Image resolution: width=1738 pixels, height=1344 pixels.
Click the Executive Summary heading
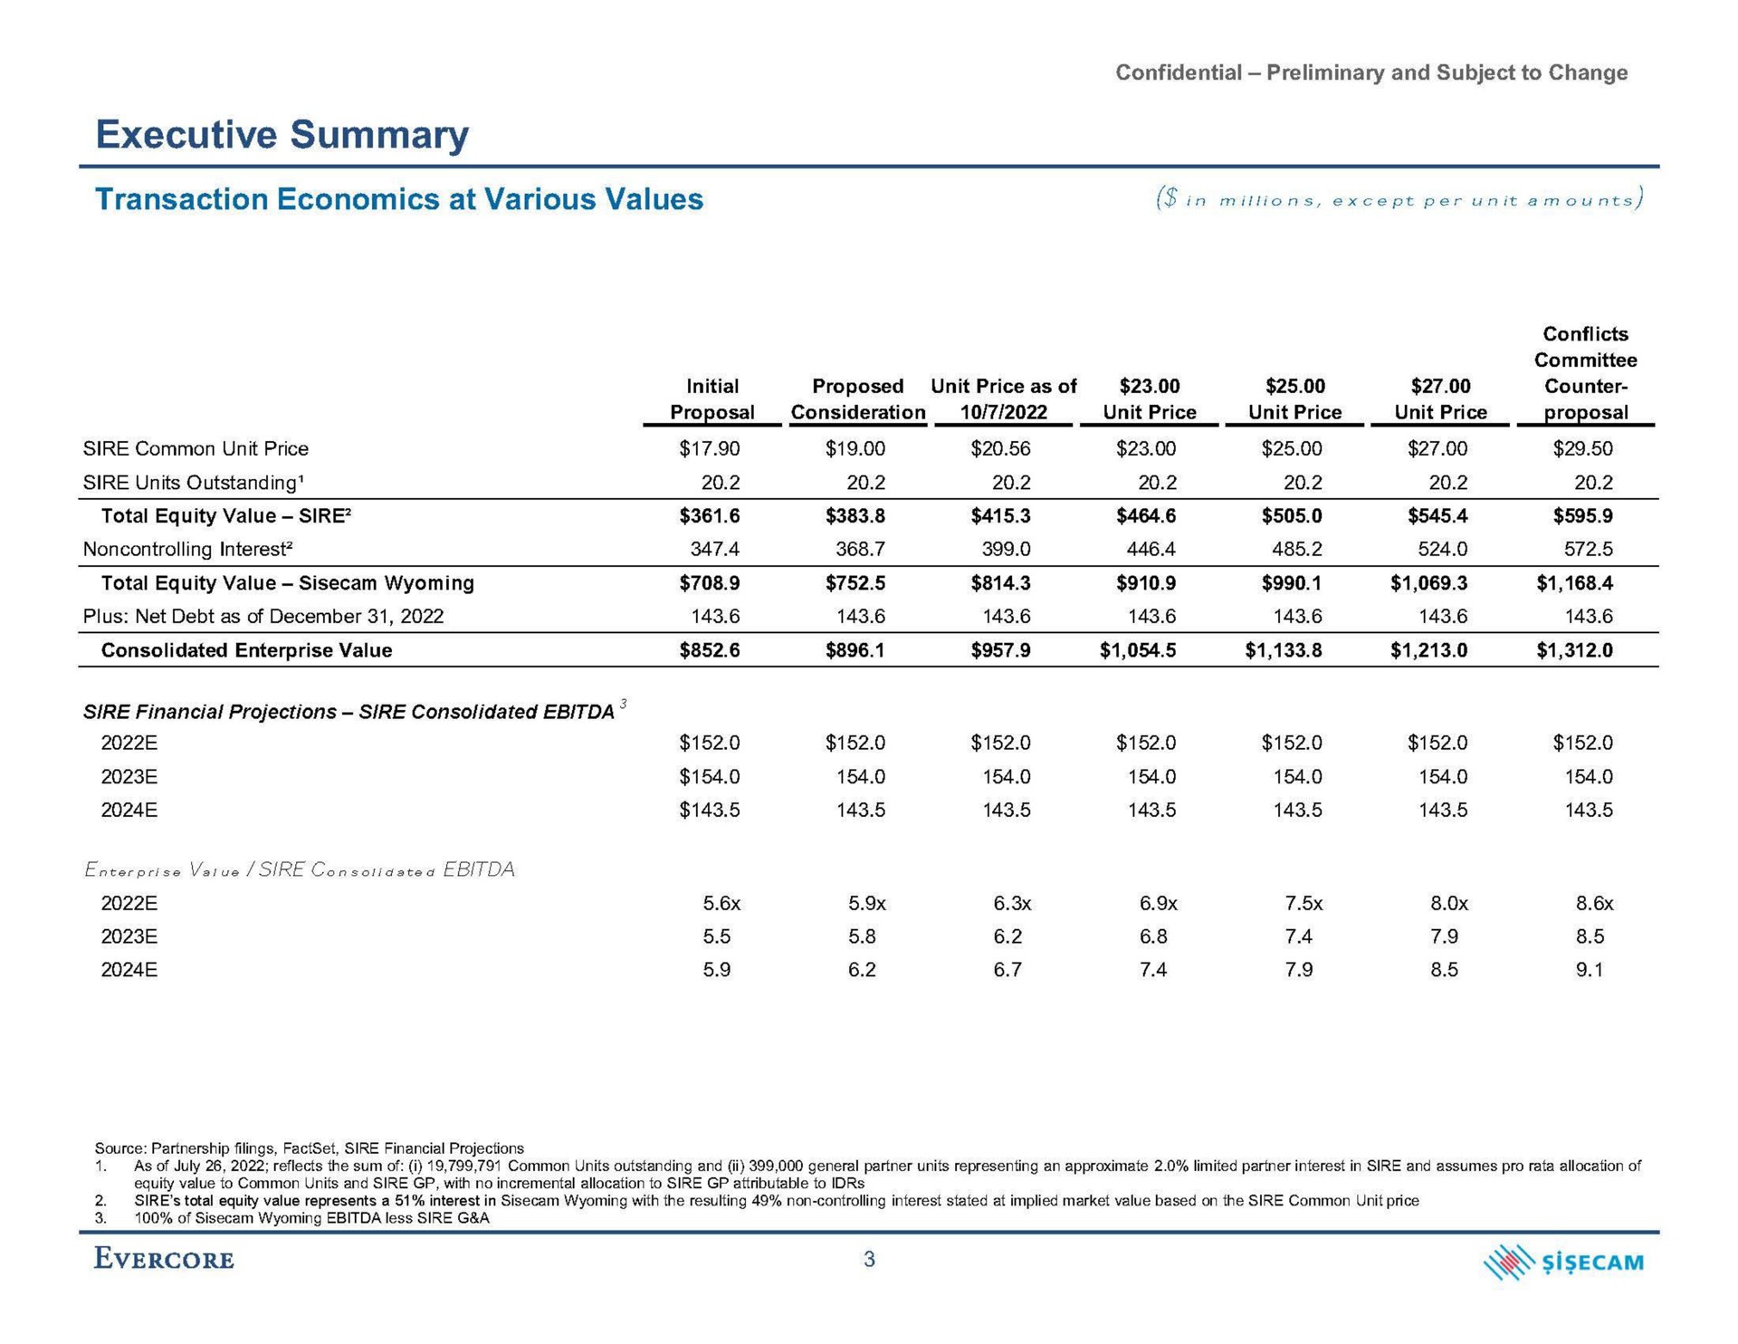click(282, 135)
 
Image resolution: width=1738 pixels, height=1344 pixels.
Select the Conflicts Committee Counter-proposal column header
click(1585, 373)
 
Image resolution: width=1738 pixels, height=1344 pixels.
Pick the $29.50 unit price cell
click(1583, 448)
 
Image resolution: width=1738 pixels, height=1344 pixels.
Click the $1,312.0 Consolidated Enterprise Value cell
click(1574, 650)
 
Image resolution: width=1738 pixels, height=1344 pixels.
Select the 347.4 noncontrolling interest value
click(715, 549)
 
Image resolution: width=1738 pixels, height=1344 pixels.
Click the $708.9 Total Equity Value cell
click(710, 583)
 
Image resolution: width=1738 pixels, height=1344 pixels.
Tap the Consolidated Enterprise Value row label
click(246, 650)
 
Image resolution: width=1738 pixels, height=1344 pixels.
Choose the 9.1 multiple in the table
click(1589, 970)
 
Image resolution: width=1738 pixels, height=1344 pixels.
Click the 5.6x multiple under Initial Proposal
click(721, 903)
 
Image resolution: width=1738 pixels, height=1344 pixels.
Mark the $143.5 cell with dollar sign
click(710, 810)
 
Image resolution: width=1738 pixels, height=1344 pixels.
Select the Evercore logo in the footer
click(164, 1260)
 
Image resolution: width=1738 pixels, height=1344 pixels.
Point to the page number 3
click(869, 1260)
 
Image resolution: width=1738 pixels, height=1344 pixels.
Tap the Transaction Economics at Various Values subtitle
click(399, 199)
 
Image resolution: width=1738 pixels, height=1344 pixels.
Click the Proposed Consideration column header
click(858, 399)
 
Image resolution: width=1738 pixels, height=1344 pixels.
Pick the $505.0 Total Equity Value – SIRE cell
click(1292, 516)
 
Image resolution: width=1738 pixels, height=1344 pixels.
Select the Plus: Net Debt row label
click(263, 617)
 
